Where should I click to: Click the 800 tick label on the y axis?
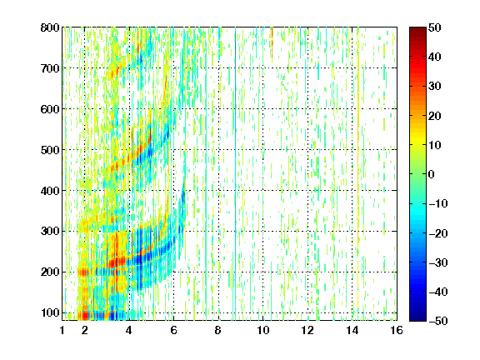(x=50, y=27)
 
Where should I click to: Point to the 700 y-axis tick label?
(x=50, y=68)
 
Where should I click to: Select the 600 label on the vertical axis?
(x=50, y=109)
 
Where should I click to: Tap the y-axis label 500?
(x=50, y=150)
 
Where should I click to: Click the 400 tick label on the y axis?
(x=50, y=191)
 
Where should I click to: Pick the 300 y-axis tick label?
(x=50, y=231)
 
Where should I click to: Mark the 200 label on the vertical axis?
(x=50, y=272)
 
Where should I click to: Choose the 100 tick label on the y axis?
(x=50, y=312)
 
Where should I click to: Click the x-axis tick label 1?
(x=62, y=330)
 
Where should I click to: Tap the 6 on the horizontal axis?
(x=173, y=330)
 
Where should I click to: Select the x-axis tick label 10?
(x=262, y=330)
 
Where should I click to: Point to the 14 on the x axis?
(x=352, y=330)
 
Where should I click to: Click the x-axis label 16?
(x=397, y=330)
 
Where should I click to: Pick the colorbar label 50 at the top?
(x=435, y=27)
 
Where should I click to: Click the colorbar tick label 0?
(x=432, y=174)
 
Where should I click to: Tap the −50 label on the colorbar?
(x=438, y=321)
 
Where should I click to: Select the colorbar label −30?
(x=438, y=262)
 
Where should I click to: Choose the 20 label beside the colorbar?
(x=435, y=116)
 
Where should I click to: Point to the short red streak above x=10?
(x=272, y=42)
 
